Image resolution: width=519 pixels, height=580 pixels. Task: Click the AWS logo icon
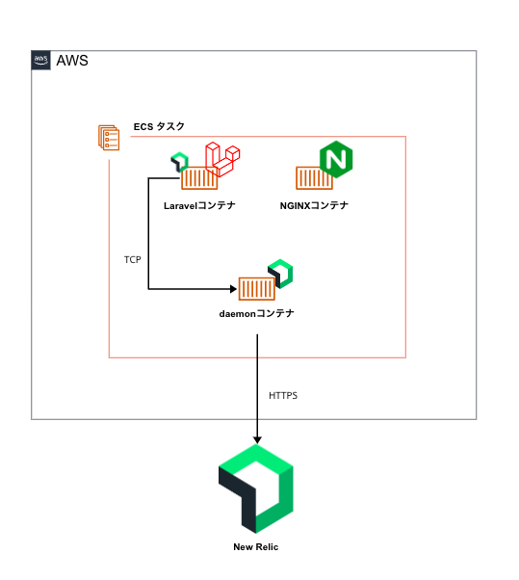click(x=41, y=60)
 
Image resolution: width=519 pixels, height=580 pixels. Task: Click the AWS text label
click(x=72, y=61)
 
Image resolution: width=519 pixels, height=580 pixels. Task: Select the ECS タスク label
click(x=159, y=126)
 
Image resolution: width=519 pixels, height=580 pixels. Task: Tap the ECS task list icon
click(x=109, y=138)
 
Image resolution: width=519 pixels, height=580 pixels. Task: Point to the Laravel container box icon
click(x=200, y=178)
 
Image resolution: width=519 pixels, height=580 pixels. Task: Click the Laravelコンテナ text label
click(x=199, y=205)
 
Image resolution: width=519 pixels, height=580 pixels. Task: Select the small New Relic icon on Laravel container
click(x=178, y=161)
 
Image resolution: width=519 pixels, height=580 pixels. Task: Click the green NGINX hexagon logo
click(x=338, y=159)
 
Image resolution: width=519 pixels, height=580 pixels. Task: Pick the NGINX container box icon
click(x=313, y=178)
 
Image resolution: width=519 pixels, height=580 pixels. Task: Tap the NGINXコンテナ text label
click(x=314, y=205)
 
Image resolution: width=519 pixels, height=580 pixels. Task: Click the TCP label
click(x=133, y=260)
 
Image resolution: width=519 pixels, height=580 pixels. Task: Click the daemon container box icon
click(x=256, y=288)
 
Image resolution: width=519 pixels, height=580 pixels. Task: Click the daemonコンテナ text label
click(x=257, y=314)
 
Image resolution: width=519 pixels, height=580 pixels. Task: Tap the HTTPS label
click(x=283, y=395)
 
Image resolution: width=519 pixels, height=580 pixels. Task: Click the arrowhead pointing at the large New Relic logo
click(x=257, y=437)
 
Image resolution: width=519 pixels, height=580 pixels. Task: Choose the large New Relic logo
click(x=257, y=487)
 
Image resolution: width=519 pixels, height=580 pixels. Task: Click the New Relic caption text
click(x=256, y=547)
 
